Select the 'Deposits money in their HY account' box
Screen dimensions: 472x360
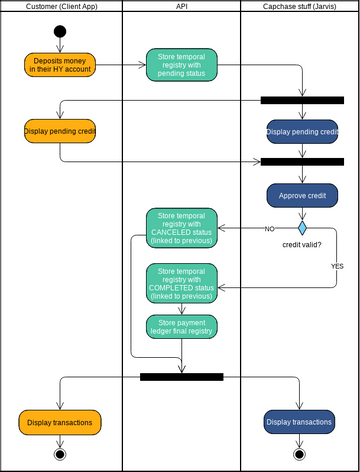pos(60,65)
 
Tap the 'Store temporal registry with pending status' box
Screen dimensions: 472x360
pos(181,65)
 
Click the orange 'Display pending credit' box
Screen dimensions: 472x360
pos(60,130)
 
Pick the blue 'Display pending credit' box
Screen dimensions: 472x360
pos(301,132)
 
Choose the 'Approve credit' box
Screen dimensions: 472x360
pos(301,196)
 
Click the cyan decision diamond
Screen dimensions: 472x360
pos(301,228)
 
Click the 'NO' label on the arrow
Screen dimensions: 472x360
pos(269,229)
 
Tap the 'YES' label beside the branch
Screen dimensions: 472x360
pos(337,267)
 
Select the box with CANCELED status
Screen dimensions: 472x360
pos(181,228)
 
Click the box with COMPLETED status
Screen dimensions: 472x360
pos(181,283)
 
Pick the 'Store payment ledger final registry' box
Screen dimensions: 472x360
pos(181,326)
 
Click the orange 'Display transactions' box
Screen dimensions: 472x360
pos(60,423)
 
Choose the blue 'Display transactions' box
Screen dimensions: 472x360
pos(300,423)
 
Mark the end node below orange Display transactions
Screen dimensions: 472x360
pos(60,454)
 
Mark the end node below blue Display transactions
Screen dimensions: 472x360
pos(300,454)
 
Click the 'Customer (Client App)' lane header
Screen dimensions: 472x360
pos(60,6)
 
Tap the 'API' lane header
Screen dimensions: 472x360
pos(181,6)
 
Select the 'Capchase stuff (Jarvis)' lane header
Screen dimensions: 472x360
pos(300,6)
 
